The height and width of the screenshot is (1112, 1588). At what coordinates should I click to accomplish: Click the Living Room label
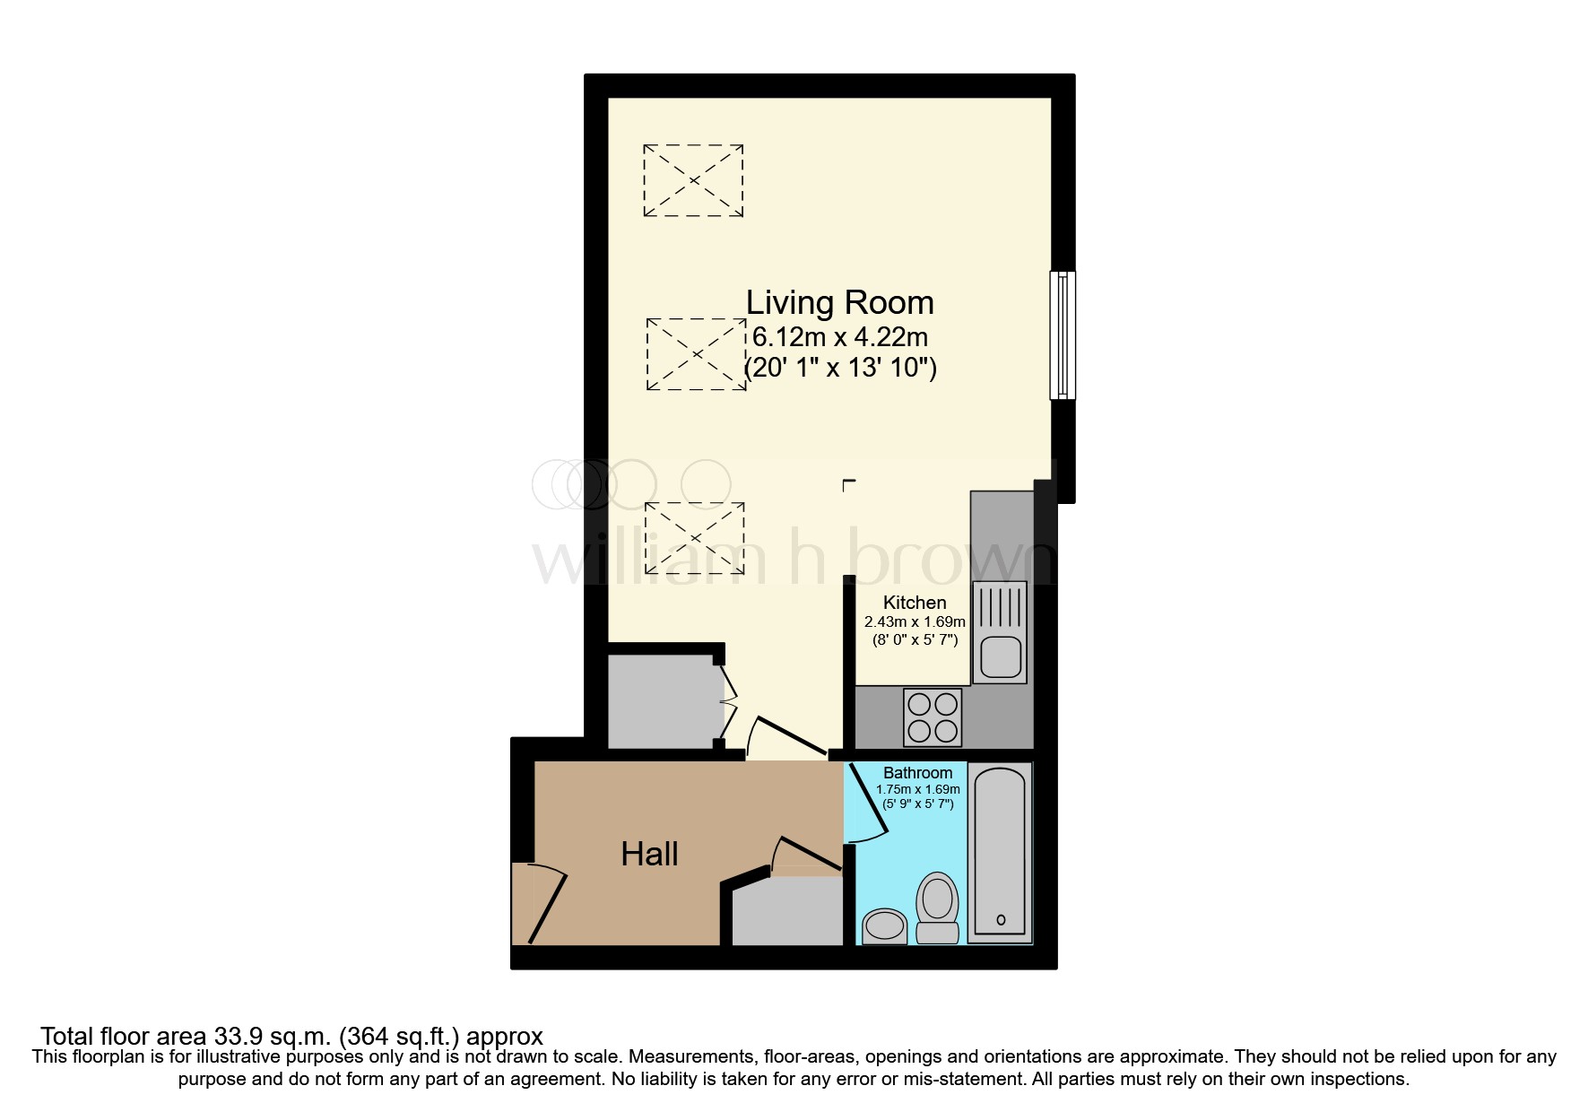(x=839, y=303)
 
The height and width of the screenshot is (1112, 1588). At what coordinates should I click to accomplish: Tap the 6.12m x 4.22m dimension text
(x=839, y=337)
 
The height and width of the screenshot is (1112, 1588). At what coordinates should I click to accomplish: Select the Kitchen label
(x=914, y=603)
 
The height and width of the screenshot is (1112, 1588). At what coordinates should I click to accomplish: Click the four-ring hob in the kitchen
(x=932, y=717)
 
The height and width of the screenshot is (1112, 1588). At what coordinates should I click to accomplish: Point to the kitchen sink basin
(x=999, y=656)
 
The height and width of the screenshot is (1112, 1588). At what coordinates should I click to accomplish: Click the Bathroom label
(x=917, y=773)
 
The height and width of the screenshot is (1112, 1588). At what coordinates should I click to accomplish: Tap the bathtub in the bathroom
(x=999, y=852)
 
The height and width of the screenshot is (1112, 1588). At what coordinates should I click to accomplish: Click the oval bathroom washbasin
(x=885, y=925)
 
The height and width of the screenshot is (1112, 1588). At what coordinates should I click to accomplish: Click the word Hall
(x=649, y=854)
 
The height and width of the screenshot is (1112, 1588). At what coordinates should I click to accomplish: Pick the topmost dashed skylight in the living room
(x=693, y=180)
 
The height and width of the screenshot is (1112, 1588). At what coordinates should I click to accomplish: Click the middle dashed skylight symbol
(x=696, y=354)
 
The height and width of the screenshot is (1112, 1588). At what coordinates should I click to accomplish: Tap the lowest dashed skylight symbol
(x=694, y=538)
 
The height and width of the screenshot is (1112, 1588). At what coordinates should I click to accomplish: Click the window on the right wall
(x=1063, y=335)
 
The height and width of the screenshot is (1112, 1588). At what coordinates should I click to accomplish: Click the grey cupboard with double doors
(x=664, y=701)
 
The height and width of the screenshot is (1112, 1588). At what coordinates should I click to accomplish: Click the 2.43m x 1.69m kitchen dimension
(x=914, y=621)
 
